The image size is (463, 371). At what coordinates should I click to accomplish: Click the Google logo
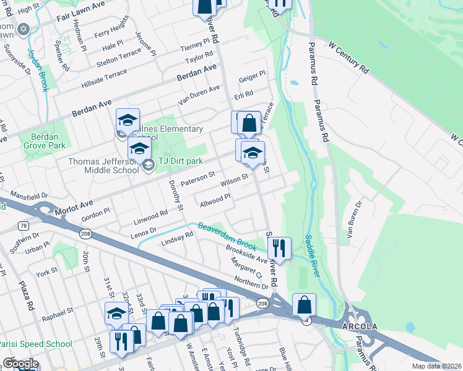(x=20, y=363)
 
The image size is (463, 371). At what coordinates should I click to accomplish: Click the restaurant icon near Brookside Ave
(x=279, y=249)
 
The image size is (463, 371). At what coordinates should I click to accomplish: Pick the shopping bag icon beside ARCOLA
(x=304, y=304)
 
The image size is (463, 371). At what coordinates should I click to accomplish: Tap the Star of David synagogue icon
(x=24, y=29)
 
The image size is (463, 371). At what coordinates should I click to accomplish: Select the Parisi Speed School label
(x=35, y=344)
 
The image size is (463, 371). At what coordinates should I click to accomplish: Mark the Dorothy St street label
(x=175, y=195)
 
